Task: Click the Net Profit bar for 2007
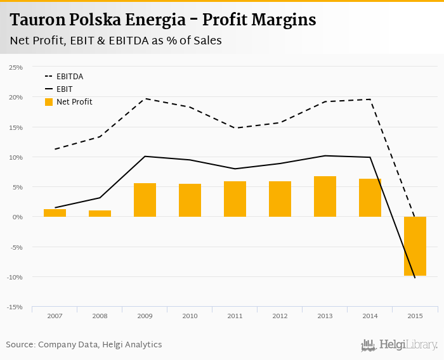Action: [x=55, y=213]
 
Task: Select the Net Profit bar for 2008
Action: [x=100, y=214]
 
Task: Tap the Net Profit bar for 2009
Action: [x=145, y=200]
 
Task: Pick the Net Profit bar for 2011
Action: [x=235, y=199]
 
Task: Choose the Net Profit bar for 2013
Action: [x=325, y=196]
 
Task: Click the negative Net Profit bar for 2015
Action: [x=415, y=246]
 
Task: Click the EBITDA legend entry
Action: [x=70, y=77]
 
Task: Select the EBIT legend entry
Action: [x=65, y=89]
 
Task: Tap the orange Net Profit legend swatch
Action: [x=49, y=102]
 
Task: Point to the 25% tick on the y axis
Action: [x=16, y=67]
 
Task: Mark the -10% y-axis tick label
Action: [x=15, y=277]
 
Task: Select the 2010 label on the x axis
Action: [x=190, y=316]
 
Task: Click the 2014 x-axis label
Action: [x=370, y=316]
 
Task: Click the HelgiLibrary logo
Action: [x=399, y=345]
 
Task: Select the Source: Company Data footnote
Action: [x=84, y=345]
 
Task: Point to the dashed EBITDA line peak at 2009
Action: [x=145, y=98]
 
